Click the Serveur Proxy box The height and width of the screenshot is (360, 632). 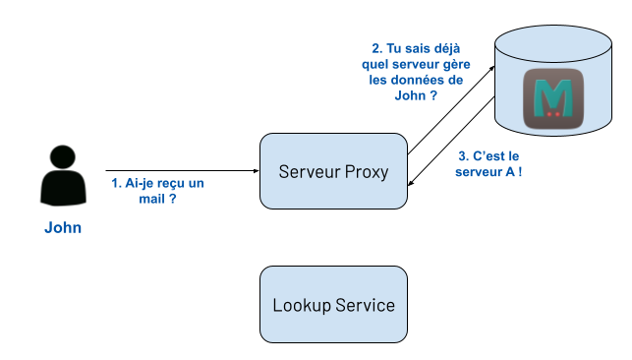[333, 171]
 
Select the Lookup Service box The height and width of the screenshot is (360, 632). [333, 305]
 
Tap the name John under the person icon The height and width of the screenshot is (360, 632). [63, 227]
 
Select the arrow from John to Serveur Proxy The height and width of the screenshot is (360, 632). [182, 170]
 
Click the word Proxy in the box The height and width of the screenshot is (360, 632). [367, 172]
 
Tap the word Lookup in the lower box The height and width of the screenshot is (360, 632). [300, 305]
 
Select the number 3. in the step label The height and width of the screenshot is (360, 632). [465, 155]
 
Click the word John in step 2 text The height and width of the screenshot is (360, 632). [387, 98]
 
